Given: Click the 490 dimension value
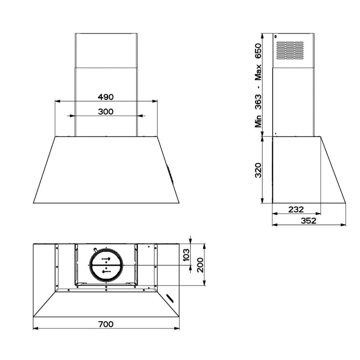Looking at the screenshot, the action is [105, 97].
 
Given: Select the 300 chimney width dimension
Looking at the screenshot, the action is [105, 112].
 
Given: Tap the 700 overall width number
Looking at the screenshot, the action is [106, 324].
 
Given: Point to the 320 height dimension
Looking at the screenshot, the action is [258, 170].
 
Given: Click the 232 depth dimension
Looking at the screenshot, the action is [296, 209].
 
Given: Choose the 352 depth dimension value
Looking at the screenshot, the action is [309, 221].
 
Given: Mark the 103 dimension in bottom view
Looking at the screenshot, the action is [186, 255].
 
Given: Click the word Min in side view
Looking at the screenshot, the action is [258, 121].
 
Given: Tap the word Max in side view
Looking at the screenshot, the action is [258, 72].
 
